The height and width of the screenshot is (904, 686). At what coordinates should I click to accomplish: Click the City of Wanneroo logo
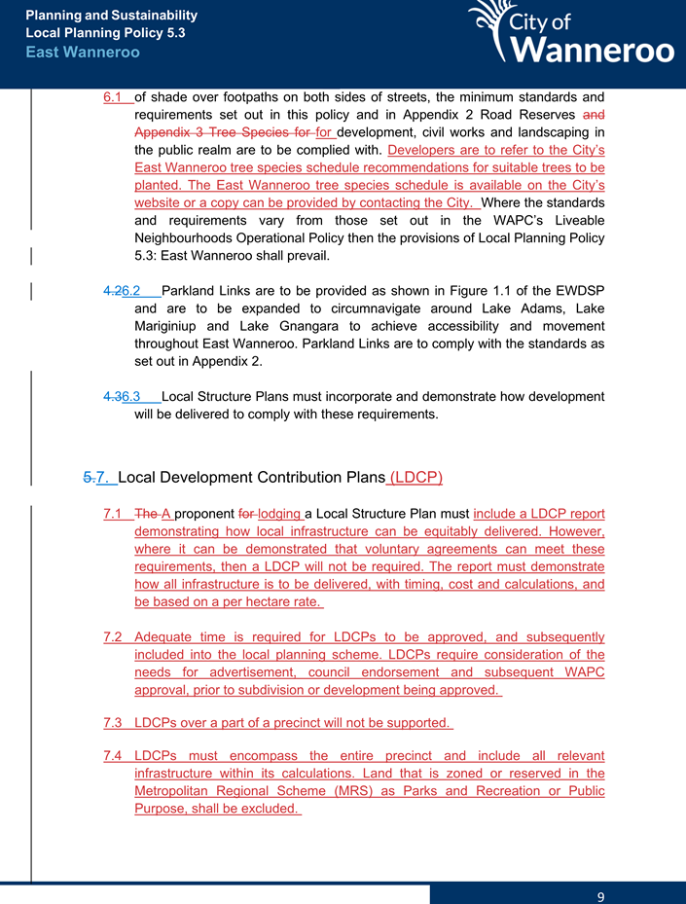571,35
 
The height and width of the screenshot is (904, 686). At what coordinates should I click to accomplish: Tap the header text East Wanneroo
83,52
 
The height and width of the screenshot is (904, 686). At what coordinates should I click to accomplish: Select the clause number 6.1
115,97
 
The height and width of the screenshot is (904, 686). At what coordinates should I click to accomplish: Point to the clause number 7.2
114,637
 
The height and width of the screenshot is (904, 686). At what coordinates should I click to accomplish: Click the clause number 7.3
114,723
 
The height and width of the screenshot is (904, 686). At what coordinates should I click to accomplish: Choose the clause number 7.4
114,756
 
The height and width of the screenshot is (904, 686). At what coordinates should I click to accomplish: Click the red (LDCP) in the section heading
415,478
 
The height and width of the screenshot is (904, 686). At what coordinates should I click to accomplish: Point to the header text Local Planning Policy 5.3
105,32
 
